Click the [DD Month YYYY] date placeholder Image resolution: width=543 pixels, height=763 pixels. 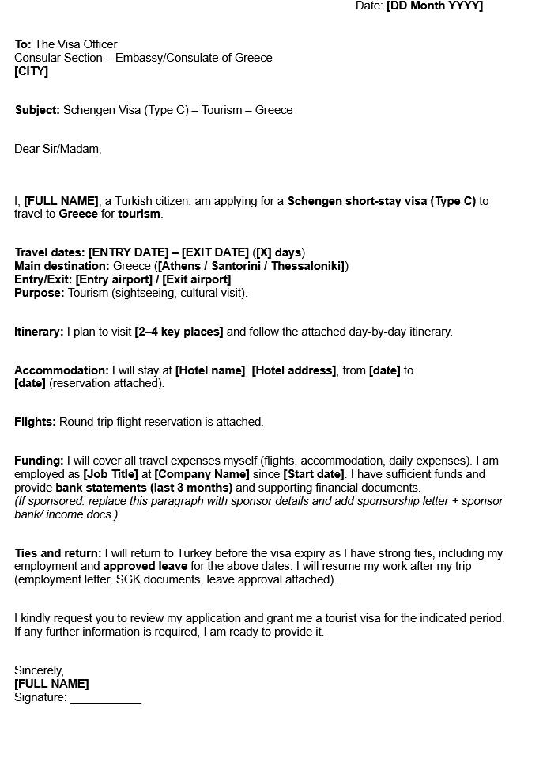tap(434, 6)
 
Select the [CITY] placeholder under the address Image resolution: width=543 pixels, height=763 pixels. tap(31, 71)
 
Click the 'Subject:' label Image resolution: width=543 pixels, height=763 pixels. tap(37, 110)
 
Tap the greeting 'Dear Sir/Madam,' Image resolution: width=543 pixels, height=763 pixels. tap(58, 149)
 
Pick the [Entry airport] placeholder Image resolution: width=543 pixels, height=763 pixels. tap(114, 279)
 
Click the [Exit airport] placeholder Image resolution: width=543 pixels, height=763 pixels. tap(197, 279)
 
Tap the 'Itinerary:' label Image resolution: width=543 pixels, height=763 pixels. tap(39, 332)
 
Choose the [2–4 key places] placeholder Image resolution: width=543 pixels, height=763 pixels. tap(179, 332)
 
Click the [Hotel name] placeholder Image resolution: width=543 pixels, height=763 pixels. tap(210, 370)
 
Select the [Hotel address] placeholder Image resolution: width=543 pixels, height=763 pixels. tap(293, 370)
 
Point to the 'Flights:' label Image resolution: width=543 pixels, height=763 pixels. tap(35, 422)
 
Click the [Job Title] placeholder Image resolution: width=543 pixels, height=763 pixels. tap(111, 474)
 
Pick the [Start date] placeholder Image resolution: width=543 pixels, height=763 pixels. tap(314, 474)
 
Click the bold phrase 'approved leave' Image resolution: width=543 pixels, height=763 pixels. tap(145, 566)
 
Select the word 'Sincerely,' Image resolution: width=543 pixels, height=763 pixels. tap(39, 670)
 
